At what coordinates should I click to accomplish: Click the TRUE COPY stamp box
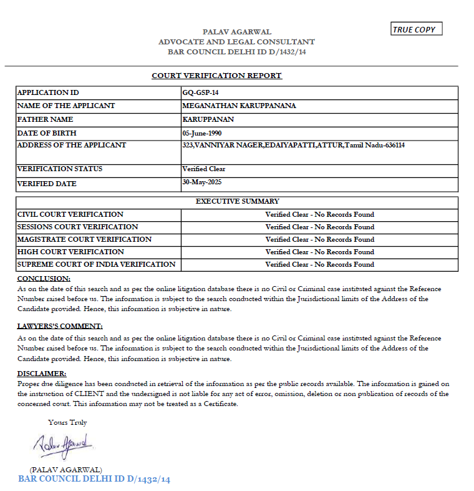coord(417,29)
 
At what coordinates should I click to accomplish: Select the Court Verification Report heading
coord(216,76)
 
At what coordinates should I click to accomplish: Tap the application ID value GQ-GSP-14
coord(200,92)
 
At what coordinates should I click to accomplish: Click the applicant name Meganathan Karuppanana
coord(239,106)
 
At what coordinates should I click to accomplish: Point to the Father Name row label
coord(45,119)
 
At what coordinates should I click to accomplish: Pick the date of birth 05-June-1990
coord(202,132)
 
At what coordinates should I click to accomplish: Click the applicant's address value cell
coord(293,145)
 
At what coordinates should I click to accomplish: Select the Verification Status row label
coord(60,169)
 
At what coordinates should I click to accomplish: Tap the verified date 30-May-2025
coord(202,182)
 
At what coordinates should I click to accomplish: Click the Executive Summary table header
coord(237,202)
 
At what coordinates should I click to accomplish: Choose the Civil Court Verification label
coord(70,214)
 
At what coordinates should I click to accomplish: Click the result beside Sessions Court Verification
coord(319,227)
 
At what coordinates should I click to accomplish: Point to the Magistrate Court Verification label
coord(84,239)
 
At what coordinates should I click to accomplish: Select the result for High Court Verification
coord(319,252)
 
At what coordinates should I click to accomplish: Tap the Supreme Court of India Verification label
coord(96,264)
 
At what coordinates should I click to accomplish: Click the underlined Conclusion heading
coord(44,278)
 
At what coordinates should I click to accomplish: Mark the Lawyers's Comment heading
coord(59,326)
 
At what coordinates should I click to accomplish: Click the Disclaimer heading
coord(42,373)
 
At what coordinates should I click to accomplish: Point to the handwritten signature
coord(63,445)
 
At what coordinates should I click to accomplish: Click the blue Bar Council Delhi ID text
coord(94,479)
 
